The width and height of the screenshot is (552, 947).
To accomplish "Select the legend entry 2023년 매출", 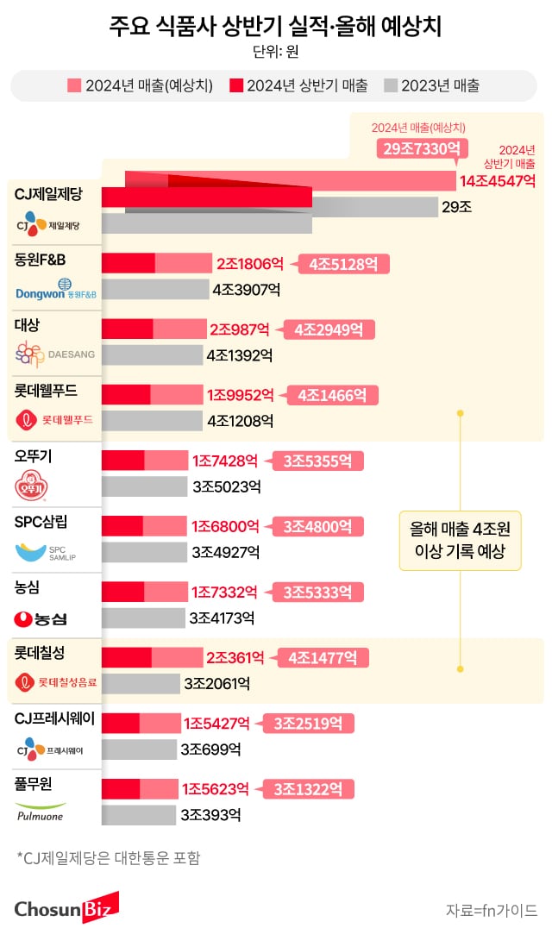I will coord(431,85).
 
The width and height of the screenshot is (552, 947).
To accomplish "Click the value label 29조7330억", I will coord(416,149).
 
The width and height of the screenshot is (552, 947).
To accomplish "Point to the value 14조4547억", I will coord(498,181).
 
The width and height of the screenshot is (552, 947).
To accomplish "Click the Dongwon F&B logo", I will coord(56,290).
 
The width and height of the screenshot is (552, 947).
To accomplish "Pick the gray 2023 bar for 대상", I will coord(153,354).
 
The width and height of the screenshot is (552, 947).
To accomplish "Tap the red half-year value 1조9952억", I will coord(240,395).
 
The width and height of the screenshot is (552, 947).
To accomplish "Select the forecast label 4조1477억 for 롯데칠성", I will coord(323,658).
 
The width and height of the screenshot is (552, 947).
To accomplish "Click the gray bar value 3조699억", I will coord(210,749).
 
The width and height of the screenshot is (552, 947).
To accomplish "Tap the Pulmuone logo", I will coord(41,812).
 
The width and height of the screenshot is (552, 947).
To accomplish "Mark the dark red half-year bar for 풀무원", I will coord(121,788).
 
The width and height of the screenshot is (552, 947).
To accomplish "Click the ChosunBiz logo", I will coord(66,908).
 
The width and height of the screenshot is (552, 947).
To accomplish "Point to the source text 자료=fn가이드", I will coord(491,910).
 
